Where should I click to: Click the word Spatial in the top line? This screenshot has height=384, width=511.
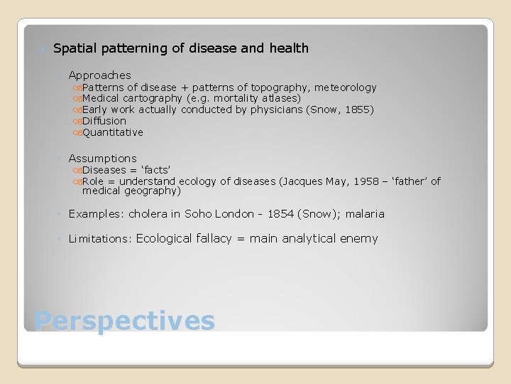tap(75, 48)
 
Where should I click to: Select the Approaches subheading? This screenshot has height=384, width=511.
tap(99, 75)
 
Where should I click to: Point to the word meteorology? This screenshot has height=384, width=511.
tap(346, 87)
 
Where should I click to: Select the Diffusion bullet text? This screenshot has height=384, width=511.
tap(104, 121)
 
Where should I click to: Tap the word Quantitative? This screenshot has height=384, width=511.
tap(113, 132)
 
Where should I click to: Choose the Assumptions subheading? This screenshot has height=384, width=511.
tap(102, 159)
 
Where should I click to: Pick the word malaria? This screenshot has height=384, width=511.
tap(365, 214)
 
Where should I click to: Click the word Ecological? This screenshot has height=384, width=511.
tap(164, 239)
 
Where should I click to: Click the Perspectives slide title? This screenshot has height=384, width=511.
tap(124, 321)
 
